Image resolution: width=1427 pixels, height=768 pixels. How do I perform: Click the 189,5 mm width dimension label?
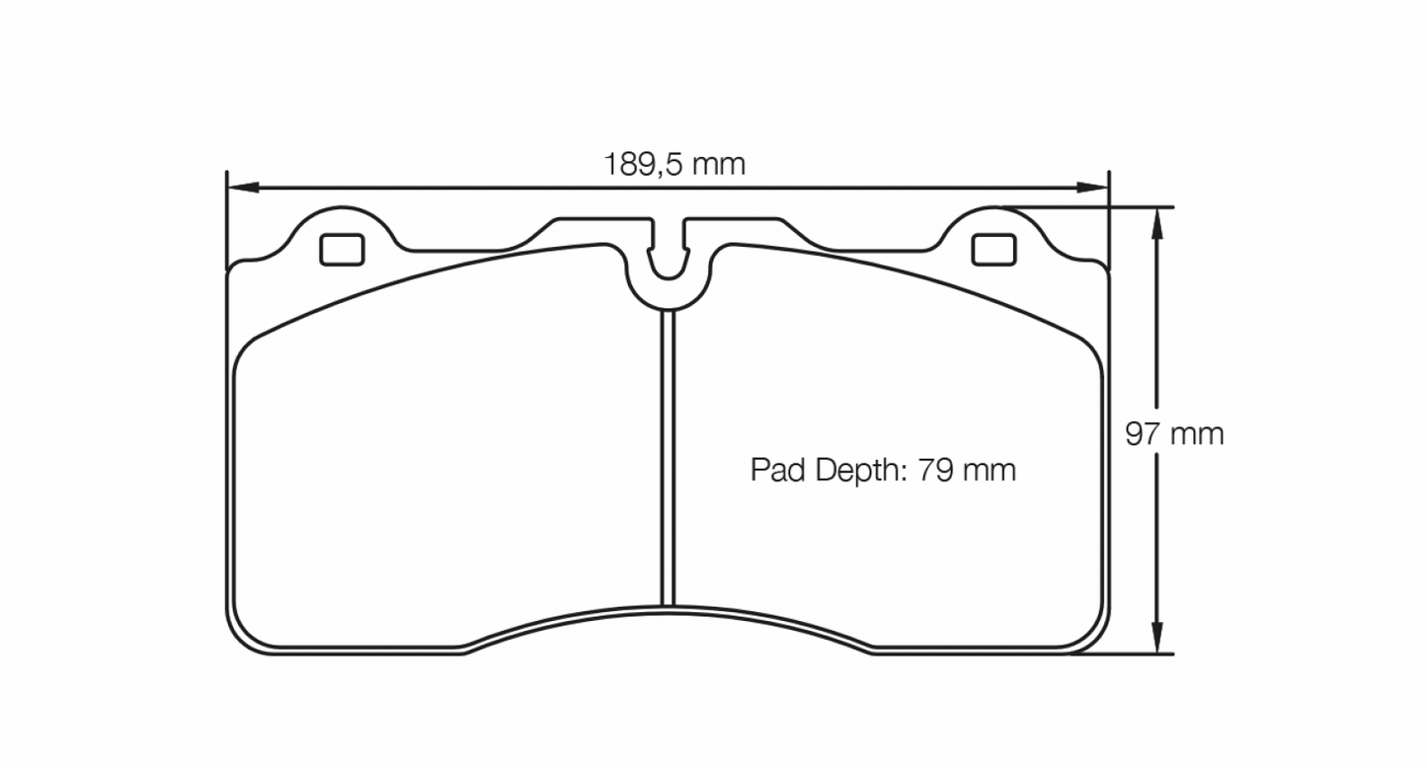click(674, 164)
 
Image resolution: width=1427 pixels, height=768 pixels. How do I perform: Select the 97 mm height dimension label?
click(1174, 433)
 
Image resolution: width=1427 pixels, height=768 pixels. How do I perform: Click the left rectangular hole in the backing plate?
click(342, 250)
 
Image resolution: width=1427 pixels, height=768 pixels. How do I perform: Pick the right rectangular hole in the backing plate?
click(993, 250)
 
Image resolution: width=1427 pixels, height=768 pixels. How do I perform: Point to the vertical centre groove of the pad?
click(667, 454)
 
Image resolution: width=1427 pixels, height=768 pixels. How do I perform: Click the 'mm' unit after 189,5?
click(718, 164)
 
